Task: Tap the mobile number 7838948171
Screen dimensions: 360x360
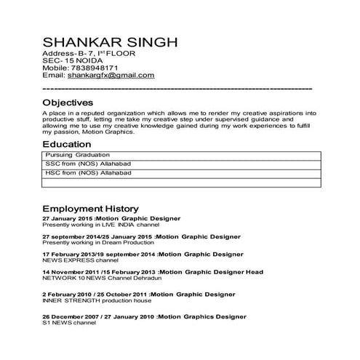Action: tap(98, 67)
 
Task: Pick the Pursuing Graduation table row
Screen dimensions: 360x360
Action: tap(77, 156)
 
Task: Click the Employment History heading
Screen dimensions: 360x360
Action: tap(95, 207)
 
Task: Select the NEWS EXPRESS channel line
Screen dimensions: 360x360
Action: tap(80, 260)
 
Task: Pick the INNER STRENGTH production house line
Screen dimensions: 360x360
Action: tap(97, 300)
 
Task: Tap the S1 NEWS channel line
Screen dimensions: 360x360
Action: tap(69, 323)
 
